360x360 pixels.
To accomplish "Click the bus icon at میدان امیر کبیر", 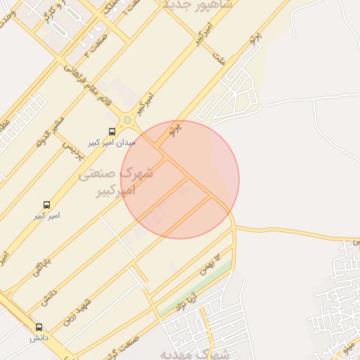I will pyautogui.click(x=112, y=131).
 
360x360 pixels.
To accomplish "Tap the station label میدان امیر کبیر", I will pyautogui.click(x=112, y=143).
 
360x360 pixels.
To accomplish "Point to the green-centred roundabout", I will pyautogui.click(x=127, y=120).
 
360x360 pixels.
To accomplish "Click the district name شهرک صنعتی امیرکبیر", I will pyautogui.click(x=127, y=181).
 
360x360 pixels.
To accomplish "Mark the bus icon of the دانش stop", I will pyautogui.click(x=38, y=327).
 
